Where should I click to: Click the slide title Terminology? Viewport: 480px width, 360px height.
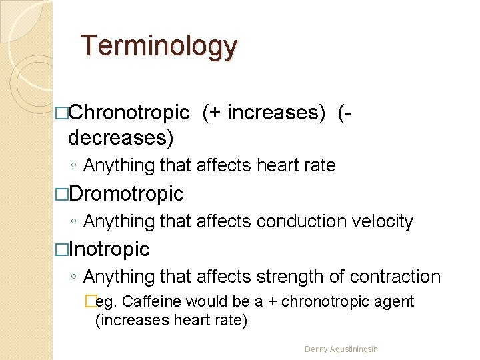coord(159,47)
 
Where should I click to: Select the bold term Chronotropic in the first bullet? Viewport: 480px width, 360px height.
coord(129,113)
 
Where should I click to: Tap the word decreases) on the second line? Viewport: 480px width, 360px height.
coord(121,137)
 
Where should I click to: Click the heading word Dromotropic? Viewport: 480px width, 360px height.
coord(126,193)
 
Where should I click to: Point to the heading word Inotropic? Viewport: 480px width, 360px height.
coord(109,249)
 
